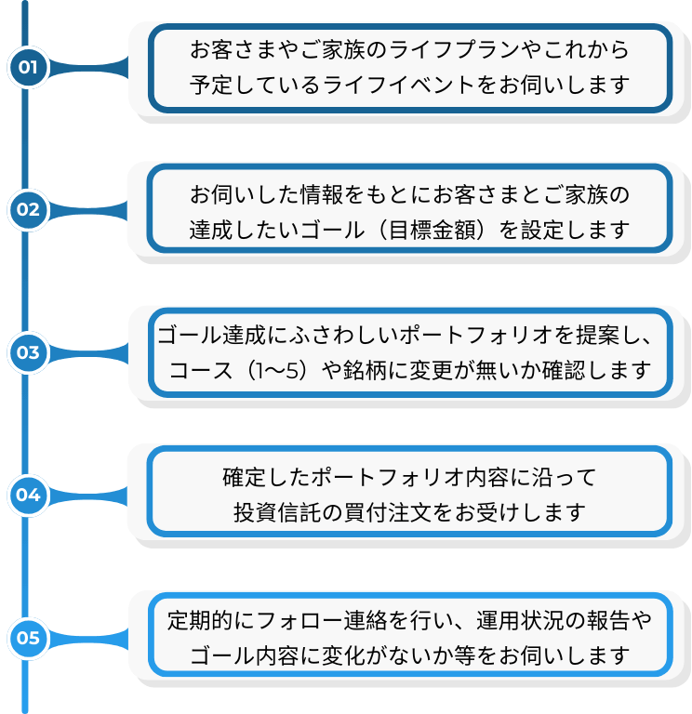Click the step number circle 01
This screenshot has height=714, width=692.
28,67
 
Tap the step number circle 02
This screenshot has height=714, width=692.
28,209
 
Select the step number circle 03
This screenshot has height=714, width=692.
28,352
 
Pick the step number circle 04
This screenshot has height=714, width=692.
28,495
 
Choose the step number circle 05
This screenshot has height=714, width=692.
28,638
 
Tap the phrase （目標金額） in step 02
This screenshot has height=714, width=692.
432,229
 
